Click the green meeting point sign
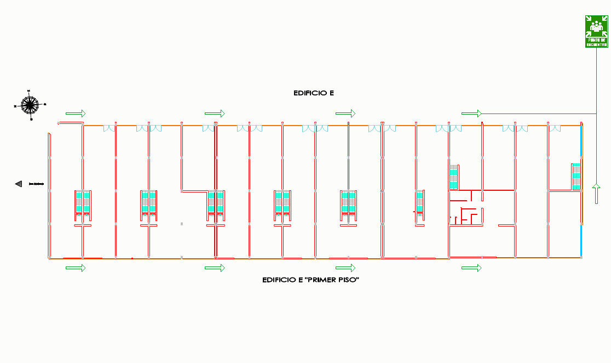pos(596,31)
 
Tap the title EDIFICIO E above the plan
pos(314,93)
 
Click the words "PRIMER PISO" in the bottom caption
pos(335,280)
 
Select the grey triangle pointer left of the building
pos(19,184)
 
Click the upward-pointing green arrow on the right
pos(596,194)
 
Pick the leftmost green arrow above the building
pos(76,114)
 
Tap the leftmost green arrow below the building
pos(76,268)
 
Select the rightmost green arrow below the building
pos(471,268)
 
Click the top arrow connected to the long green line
pos(471,114)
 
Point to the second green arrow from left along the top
pos(215,114)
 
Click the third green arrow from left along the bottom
pos(345,268)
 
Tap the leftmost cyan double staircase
pos(83,201)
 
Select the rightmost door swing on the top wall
pos(555,129)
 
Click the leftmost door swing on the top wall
pos(109,129)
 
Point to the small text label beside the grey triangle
pos(36,184)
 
